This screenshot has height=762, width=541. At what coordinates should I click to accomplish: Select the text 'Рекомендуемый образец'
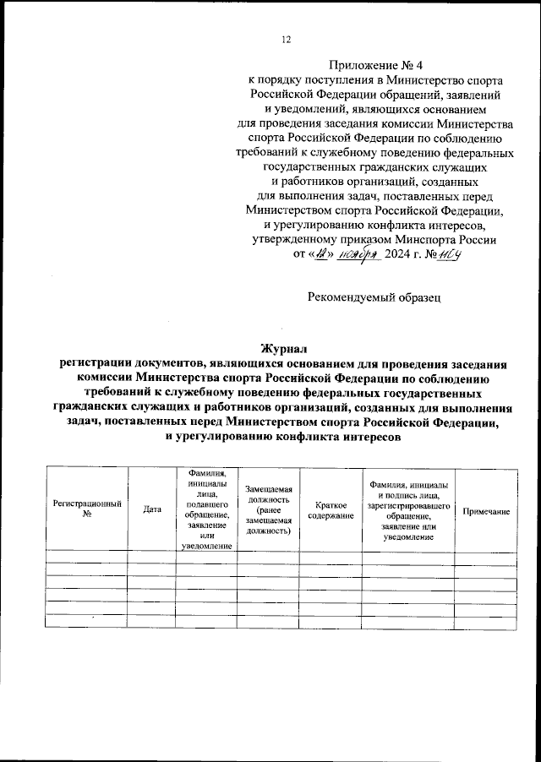[374, 297]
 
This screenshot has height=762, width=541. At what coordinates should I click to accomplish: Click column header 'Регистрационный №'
[87, 509]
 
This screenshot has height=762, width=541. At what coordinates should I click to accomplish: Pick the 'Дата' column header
[152, 509]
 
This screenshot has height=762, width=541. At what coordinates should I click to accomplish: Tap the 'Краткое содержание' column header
[331, 509]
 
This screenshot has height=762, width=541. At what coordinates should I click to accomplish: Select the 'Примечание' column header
[485, 513]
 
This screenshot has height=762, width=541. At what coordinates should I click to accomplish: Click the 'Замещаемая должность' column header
[268, 509]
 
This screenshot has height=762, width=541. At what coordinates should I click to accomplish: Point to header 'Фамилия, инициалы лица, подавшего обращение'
[208, 509]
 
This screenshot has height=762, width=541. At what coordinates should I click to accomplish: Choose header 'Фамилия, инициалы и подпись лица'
[409, 509]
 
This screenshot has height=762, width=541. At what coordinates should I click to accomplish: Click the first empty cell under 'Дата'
[152, 558]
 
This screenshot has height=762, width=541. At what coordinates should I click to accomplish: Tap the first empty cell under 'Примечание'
[485, 558]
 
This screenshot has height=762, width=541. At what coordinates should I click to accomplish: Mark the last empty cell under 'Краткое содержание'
[331, 622]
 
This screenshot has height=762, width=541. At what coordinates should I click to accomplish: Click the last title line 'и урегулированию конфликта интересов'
[280, 437]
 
